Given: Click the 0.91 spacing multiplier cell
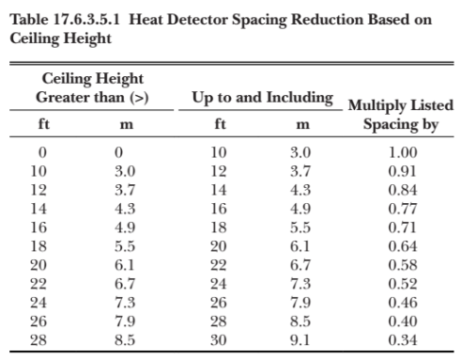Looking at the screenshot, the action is coord(403,171).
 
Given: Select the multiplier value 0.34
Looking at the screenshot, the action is coord(403,340).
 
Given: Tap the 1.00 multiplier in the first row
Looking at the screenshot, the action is coord(403,152).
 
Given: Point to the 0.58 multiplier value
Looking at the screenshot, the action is coord(403,265).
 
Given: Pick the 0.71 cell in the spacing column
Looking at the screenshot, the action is coord(403,227).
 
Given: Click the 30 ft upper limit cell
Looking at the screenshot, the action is coord(219,340).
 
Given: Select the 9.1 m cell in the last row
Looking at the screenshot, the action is coord(300,340).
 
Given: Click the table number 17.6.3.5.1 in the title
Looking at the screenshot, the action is coord(86,20).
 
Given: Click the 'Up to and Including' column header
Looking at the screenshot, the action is coord(262,98).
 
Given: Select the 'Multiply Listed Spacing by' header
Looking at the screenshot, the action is coord(401,115).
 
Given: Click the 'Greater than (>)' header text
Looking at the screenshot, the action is coord(92,98).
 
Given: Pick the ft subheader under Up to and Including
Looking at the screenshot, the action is coord(220,124).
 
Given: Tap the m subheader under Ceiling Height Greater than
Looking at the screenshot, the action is coord(127,125).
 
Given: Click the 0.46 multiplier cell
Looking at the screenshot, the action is coord(403,303).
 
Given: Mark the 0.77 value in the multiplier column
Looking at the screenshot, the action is coord(403,209).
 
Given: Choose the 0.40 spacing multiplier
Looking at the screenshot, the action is coord(403,321).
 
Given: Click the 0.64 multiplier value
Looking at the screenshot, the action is coord(403,246).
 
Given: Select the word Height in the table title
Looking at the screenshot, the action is coord(87,39).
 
